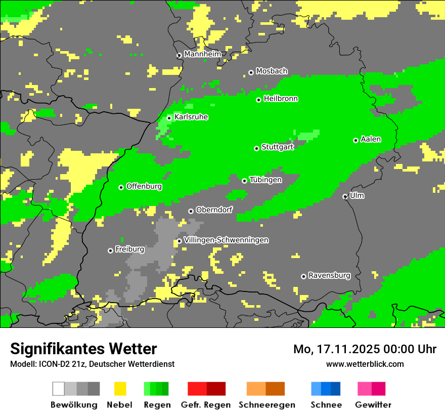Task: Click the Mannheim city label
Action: click(x=202, y=54)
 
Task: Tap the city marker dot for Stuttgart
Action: click(x=257, y=148)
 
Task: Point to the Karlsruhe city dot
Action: click(x=169, y=118)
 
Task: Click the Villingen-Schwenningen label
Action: click(x=226, y=240)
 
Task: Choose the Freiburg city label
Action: click(x=129, y=249)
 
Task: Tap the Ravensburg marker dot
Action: click(x=303, y=276)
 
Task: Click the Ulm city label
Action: click(x=357, y=195)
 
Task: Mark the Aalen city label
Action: click(x=371, y=139)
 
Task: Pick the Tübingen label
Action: click(x=265, y=180)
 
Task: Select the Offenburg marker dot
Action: click(x=121, y=187)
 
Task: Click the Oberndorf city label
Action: click(x=214, y=210)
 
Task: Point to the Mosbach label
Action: click(x=272, y=71)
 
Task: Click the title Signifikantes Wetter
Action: click(x=83, y=349)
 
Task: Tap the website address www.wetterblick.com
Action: click(x=365, y=364)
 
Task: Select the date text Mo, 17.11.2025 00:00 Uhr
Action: click(x=365, y=349)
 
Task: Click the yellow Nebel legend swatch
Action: click(x=120, y=389)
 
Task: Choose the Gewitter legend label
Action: click(x=373, y=405)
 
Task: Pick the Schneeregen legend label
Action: click(x=266, y=405)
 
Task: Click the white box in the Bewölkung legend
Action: click(x=59, y=389)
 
